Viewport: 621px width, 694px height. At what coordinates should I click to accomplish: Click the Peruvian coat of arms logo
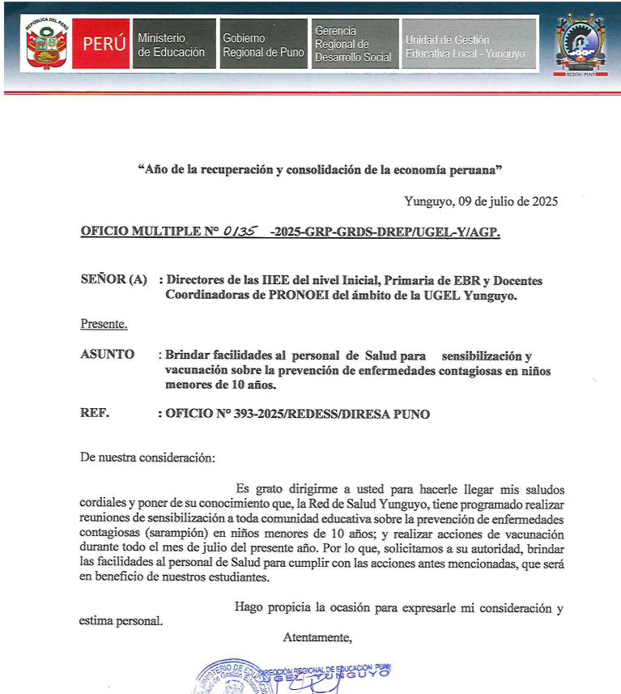(46, 44)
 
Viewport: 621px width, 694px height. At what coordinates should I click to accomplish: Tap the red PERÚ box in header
(104, 45)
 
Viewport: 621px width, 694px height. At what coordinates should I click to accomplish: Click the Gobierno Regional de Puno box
(263, 45)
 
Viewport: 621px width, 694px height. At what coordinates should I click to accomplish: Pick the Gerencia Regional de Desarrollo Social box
(354, 45)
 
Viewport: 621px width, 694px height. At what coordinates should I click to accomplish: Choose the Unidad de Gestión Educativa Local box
(468, 45)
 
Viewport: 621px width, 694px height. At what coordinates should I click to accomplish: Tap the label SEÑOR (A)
(113, 280)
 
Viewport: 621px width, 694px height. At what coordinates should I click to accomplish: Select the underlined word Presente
(104, 325)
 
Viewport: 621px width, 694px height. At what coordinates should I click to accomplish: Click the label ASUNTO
(108, 355)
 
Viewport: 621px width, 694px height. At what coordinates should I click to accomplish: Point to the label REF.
(95, 414)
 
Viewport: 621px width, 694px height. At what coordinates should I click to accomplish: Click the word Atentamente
(317, 637)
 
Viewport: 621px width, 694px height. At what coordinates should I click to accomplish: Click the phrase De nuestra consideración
(148, 458)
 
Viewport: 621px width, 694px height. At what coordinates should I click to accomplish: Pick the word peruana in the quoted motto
(473, 169)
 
